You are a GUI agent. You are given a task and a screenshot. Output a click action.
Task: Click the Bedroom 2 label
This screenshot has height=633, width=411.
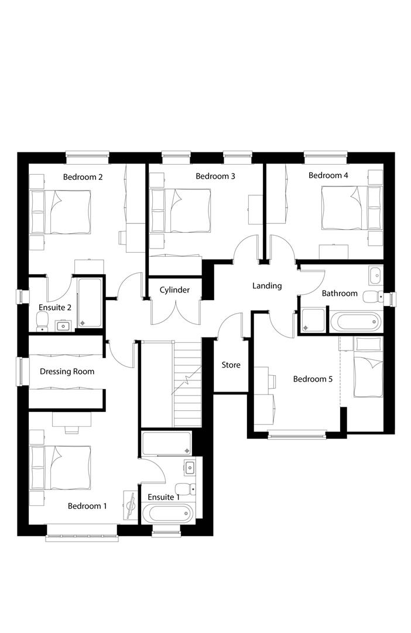coord(83,176)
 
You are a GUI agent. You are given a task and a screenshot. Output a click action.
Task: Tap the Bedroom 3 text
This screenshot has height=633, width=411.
coord(215,176)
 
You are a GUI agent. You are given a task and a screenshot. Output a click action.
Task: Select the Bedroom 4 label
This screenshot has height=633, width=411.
coord(328,175)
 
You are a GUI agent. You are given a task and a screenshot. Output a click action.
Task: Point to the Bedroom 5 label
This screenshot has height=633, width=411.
coord(313,379)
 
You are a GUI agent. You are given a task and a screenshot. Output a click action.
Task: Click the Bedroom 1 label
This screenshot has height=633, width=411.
coord(87,506)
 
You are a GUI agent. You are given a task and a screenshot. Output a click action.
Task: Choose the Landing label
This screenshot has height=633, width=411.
coord(267,286)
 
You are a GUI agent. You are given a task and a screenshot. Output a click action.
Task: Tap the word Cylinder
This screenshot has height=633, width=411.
coord(174,290)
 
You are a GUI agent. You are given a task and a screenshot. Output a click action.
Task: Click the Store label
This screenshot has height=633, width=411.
coord(231,365)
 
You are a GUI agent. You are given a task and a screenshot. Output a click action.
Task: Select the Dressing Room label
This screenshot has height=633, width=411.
coord(67,371)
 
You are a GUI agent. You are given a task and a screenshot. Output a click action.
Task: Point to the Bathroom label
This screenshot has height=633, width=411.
coord(340,293)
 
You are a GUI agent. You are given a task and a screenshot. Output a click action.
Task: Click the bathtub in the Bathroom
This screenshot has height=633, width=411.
coord(356,322)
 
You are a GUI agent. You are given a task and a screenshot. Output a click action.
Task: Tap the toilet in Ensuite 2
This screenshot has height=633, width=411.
coord(42,320)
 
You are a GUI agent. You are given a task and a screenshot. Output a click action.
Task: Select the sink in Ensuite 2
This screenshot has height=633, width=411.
coord(63,325)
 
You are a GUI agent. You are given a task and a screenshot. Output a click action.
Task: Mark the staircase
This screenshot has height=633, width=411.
coord(187,383)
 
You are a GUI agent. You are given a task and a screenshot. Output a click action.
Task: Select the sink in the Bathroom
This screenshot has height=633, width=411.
coord(375,274)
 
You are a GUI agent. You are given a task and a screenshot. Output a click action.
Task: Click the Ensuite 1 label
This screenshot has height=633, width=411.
coord(163,497)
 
